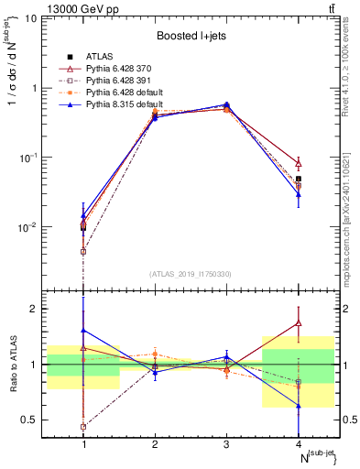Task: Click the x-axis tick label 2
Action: [x=155, y=444]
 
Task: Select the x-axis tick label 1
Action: [x=83, y=444]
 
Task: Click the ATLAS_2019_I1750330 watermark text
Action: [x=191, y=274]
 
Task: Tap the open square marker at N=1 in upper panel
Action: [x=83, y=251]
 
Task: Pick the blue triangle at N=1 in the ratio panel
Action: [x=83, y=330]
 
